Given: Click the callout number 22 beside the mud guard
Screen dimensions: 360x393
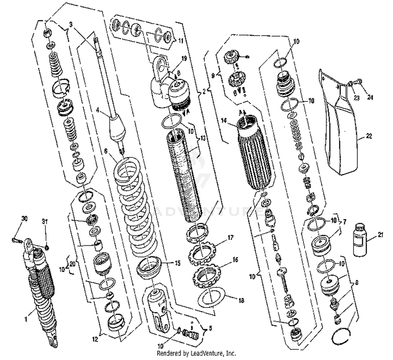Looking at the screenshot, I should (369, 136).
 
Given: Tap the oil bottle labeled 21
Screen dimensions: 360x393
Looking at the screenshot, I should (360, 240).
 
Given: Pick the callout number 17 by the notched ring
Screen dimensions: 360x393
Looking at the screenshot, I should (230, 238).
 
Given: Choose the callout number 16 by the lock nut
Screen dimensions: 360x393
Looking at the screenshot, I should (235, 259).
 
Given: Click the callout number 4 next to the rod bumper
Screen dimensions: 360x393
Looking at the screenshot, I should (98, 110).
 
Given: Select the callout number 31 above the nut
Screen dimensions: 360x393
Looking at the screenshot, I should (45, 222).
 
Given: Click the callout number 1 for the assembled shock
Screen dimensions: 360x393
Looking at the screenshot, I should (26, 319).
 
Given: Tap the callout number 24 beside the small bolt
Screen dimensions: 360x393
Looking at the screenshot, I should (370, 97).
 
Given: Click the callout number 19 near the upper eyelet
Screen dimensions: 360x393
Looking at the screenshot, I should (184, 58).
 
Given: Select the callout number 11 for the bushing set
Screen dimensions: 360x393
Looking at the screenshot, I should (181, 41).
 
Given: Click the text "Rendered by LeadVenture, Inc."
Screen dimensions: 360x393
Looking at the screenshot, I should (196, 353).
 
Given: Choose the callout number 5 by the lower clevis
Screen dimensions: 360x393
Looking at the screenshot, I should (210, 328).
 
